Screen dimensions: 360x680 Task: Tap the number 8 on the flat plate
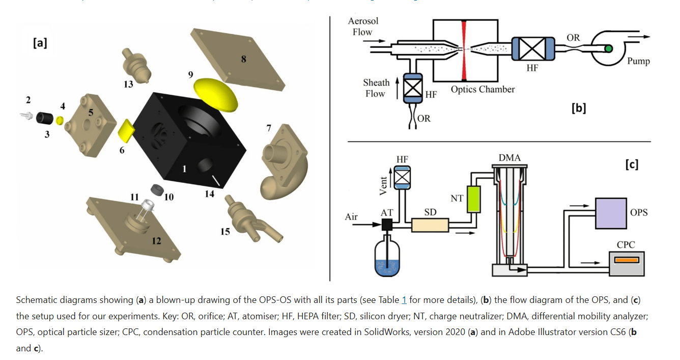tap(243, 59)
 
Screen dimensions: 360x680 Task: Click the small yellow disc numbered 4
tap(60, 121)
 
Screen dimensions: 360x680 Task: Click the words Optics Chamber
tap(483, 90)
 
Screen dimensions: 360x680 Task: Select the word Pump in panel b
tap(638, 62)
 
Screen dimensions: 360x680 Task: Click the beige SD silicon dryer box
tap(430, 225)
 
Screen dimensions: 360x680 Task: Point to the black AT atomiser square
tap(387, 225)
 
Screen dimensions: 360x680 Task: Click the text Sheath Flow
tap(376, 88)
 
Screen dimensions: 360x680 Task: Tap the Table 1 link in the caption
tap(404, 301)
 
